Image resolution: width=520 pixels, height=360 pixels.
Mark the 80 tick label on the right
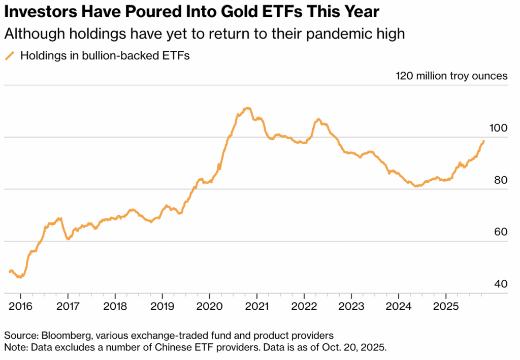(501, 180)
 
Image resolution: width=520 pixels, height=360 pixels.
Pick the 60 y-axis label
(501, 232)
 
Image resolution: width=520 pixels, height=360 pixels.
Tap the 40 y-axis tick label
(501, 284)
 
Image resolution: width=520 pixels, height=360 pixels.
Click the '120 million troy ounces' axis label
(451, 76)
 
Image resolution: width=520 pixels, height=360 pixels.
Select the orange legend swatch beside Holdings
(10, 56)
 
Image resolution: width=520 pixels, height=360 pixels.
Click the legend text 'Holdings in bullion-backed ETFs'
(105, 56)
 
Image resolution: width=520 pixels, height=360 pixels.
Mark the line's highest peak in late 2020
(247, 108)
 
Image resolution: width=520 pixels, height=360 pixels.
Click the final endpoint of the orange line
(483, 141)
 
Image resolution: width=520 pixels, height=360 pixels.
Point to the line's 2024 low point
(416, 186)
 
